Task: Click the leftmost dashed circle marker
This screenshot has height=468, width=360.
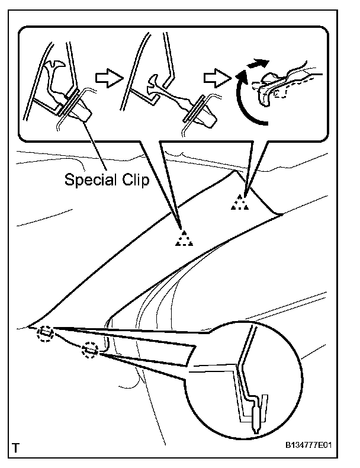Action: coord(44,333)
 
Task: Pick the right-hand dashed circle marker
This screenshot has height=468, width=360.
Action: coord(89,350)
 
